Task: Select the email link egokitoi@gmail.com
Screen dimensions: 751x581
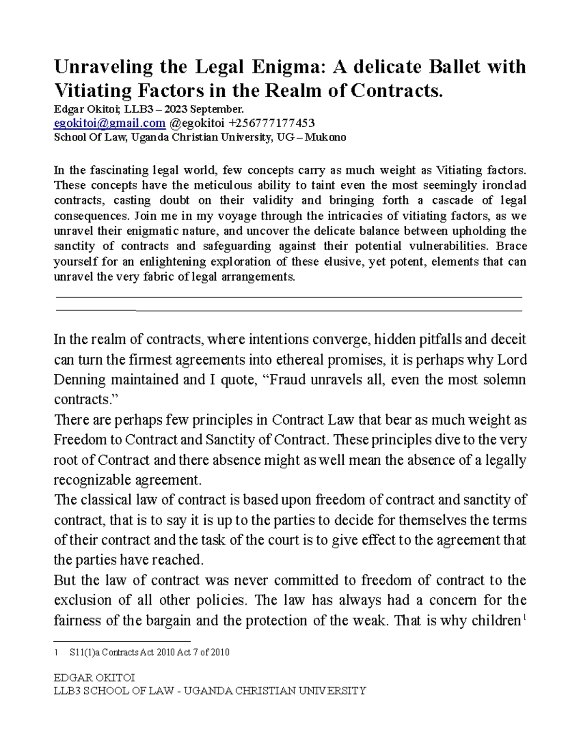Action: point(109,123)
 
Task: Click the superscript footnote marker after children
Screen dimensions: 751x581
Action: point(525,617)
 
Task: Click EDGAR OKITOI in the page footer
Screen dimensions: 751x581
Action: point(94,677)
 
